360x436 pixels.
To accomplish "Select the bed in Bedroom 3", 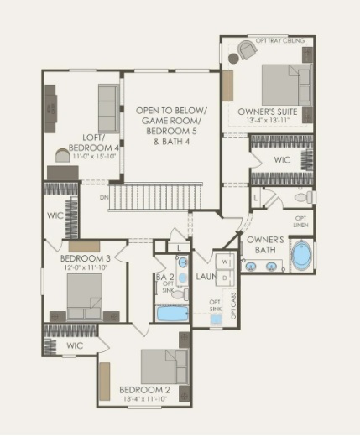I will (84, 296).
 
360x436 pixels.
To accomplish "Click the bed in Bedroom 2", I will (163, 366).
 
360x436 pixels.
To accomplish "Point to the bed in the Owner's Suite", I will (285, 84).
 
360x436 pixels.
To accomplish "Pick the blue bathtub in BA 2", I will (173, 314).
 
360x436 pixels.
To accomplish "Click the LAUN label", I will (206, 277).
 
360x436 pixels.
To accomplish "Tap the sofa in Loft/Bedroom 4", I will (108, 108).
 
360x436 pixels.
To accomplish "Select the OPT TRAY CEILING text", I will (281, 40).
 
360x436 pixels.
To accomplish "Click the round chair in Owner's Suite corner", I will (245, 50).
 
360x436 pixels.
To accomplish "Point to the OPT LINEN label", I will (300, 221).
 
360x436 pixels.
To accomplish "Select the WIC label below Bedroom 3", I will (75, 345).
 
